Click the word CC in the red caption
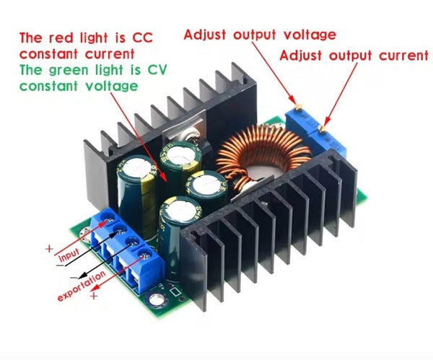tap(142, 38)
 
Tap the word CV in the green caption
tap(157, 70)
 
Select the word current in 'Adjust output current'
tap(403, 56)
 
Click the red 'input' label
tap(69, 255)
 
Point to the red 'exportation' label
tap(82, 286)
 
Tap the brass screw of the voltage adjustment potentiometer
tap(298, 107)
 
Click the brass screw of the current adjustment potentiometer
tap(322, 128)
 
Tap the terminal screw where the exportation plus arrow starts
tap(144, 255)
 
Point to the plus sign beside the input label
tap(49, 248)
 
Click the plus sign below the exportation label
tap(94, 296)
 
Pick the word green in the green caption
tap(69, 71)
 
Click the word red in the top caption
tap(61, 38)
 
